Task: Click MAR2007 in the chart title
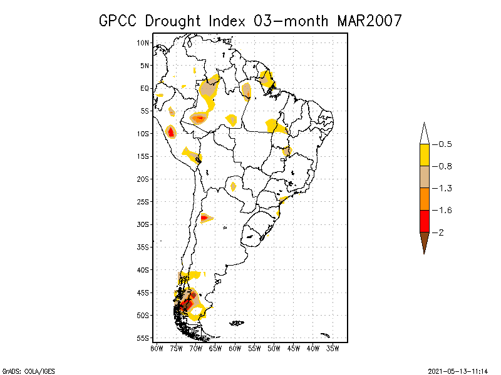[369, 21]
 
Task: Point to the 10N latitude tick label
[143, 42]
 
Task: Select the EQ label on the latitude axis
[145, 88]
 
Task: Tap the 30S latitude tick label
[143, 224]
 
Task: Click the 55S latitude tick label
[143, 338]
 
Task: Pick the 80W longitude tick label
[157, 348]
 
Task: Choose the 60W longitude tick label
[235, 348]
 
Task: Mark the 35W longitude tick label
[333, 348]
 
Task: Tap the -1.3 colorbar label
[444, 188]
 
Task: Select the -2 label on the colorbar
[441, 232]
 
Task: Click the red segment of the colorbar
[424, 221]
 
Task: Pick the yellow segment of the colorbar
[424, 155]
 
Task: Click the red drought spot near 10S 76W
[170, 132]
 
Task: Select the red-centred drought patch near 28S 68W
[205, 217]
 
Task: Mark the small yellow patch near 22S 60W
[233, 186]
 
